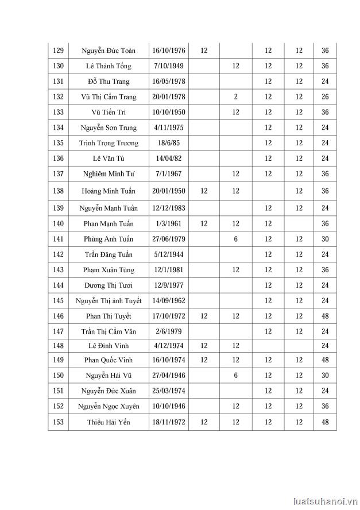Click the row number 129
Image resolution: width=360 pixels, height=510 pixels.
click(58, 51)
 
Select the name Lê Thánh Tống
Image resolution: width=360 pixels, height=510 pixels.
click(109, 66)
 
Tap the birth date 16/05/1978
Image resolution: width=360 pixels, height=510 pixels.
click(168, 82)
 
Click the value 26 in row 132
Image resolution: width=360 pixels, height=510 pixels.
click(325, 97)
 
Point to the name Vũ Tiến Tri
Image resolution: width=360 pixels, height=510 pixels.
click(109, 113)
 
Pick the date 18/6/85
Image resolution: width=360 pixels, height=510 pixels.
click(168, 143)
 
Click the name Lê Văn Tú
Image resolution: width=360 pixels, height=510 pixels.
click(109, 159)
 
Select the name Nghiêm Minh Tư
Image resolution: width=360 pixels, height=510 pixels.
click(109, 174)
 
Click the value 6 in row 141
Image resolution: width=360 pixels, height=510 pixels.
click(235, 239)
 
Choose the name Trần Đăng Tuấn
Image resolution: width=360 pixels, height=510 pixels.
click(109, 254)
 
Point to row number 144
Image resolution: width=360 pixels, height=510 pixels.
click(58, 285)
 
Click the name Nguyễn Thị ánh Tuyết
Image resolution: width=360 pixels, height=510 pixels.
click(109, 300)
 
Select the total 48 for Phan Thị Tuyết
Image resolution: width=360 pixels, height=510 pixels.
click(325, 316)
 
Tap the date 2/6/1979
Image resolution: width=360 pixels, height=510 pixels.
click(168, 331)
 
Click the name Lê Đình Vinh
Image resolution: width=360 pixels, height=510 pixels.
click(109, 346)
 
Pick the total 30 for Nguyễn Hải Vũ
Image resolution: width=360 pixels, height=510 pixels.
click(325, 375)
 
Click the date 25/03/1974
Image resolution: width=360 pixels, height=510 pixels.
click(168, 391)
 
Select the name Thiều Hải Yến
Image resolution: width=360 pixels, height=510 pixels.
click(109, 423)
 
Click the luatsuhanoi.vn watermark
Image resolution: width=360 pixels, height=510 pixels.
click(324, 501)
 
